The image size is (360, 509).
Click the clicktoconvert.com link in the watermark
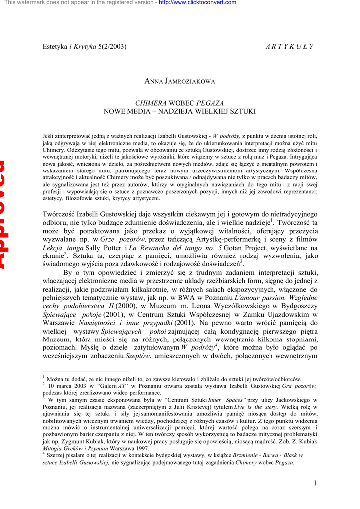pos(197,3)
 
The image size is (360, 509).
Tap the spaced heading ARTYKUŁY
pos(289,47)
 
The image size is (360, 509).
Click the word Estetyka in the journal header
pos(55,47)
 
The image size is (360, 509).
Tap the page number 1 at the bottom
pos(315,483)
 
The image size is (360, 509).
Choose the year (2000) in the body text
pos(126,306)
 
